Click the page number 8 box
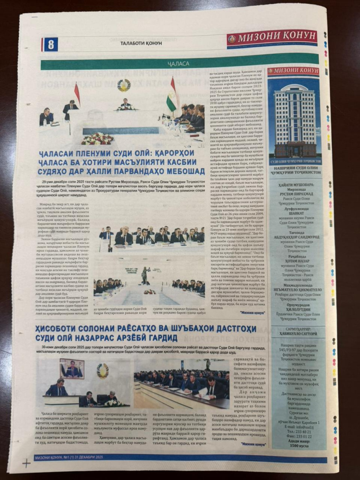click(51, 45)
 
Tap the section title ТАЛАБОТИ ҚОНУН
click(141, 43)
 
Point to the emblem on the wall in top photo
click(124, 85)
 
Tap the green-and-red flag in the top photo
click(172, 97)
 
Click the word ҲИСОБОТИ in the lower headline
click(58, 328)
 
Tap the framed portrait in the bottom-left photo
click(71, 368)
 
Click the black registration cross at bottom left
click(26, 463)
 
